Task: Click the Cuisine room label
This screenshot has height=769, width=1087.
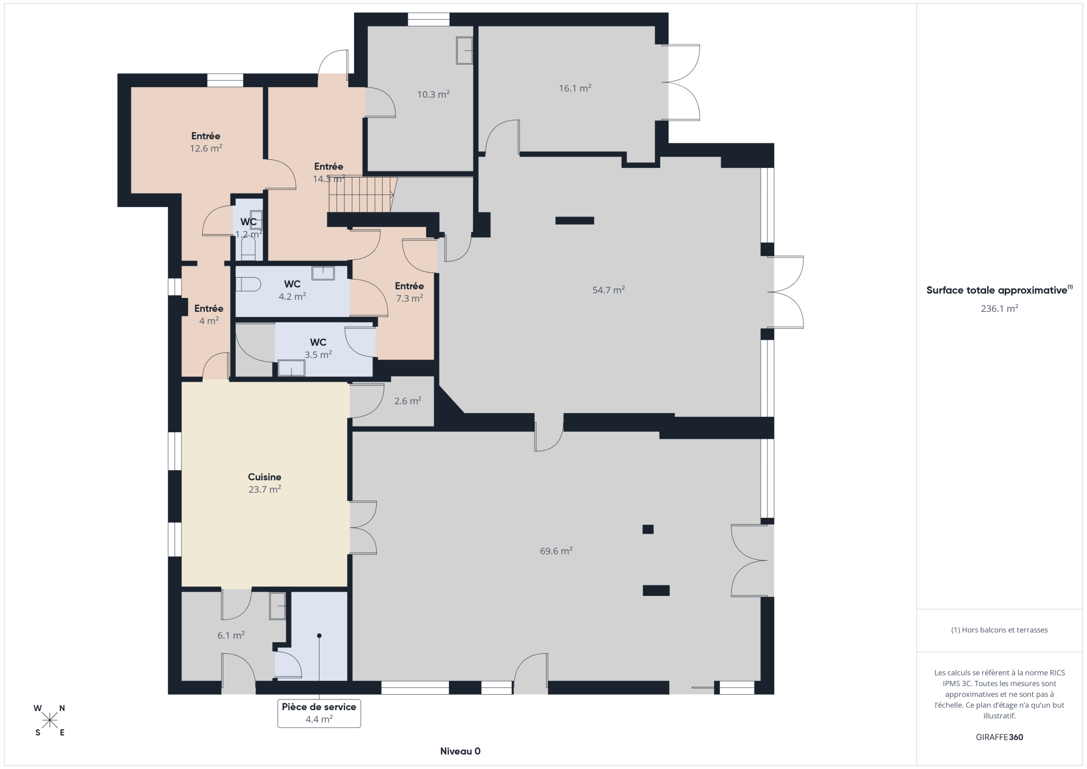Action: (x=264, y=477)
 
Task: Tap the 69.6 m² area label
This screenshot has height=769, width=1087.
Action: (x=556, y=551)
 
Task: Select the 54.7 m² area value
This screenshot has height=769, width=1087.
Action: (x=608, y=290)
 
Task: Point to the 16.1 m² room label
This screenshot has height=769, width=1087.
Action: (x=575, y=88)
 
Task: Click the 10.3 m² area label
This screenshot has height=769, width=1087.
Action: (x=433, y=95)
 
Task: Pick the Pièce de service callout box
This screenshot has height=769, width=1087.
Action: (x=319, y=713)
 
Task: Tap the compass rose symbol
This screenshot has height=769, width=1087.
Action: (x=50, y=720)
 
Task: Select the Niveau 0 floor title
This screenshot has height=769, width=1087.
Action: (x=460, y=751)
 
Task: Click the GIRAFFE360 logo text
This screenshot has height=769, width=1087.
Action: (x=999, y=737)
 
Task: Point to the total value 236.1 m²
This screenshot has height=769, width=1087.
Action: (x=999, y=308)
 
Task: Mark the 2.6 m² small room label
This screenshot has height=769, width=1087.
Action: (x=408, y=401)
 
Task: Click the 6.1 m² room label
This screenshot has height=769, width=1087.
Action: (x=231, y=635)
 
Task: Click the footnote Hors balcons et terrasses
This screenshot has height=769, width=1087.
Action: (x=999, y=630)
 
